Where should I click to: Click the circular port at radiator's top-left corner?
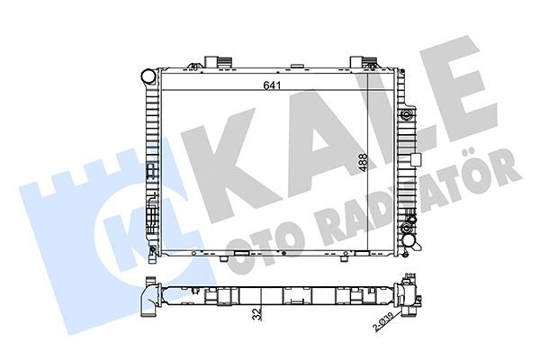[146, 76]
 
